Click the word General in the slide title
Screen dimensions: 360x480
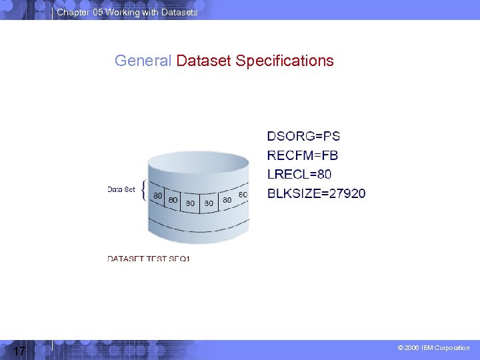[143, 61]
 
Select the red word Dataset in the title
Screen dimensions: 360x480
[203, 61]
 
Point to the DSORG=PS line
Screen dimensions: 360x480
[303, 137]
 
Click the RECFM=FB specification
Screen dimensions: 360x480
[303, 155]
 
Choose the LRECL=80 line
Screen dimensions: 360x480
[299, 175]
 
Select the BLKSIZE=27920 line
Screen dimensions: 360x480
[316, 194]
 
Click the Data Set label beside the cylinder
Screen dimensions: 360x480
[121, 189]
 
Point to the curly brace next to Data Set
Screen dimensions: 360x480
[146, 189]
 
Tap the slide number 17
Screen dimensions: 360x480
[19, 351]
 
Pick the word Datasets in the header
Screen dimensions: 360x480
[179, 13]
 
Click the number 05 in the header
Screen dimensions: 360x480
[99, 13]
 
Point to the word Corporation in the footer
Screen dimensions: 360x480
[453, 348]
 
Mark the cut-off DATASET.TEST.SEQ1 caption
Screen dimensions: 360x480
[149, 258]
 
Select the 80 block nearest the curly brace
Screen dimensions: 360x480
[158, 196]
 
